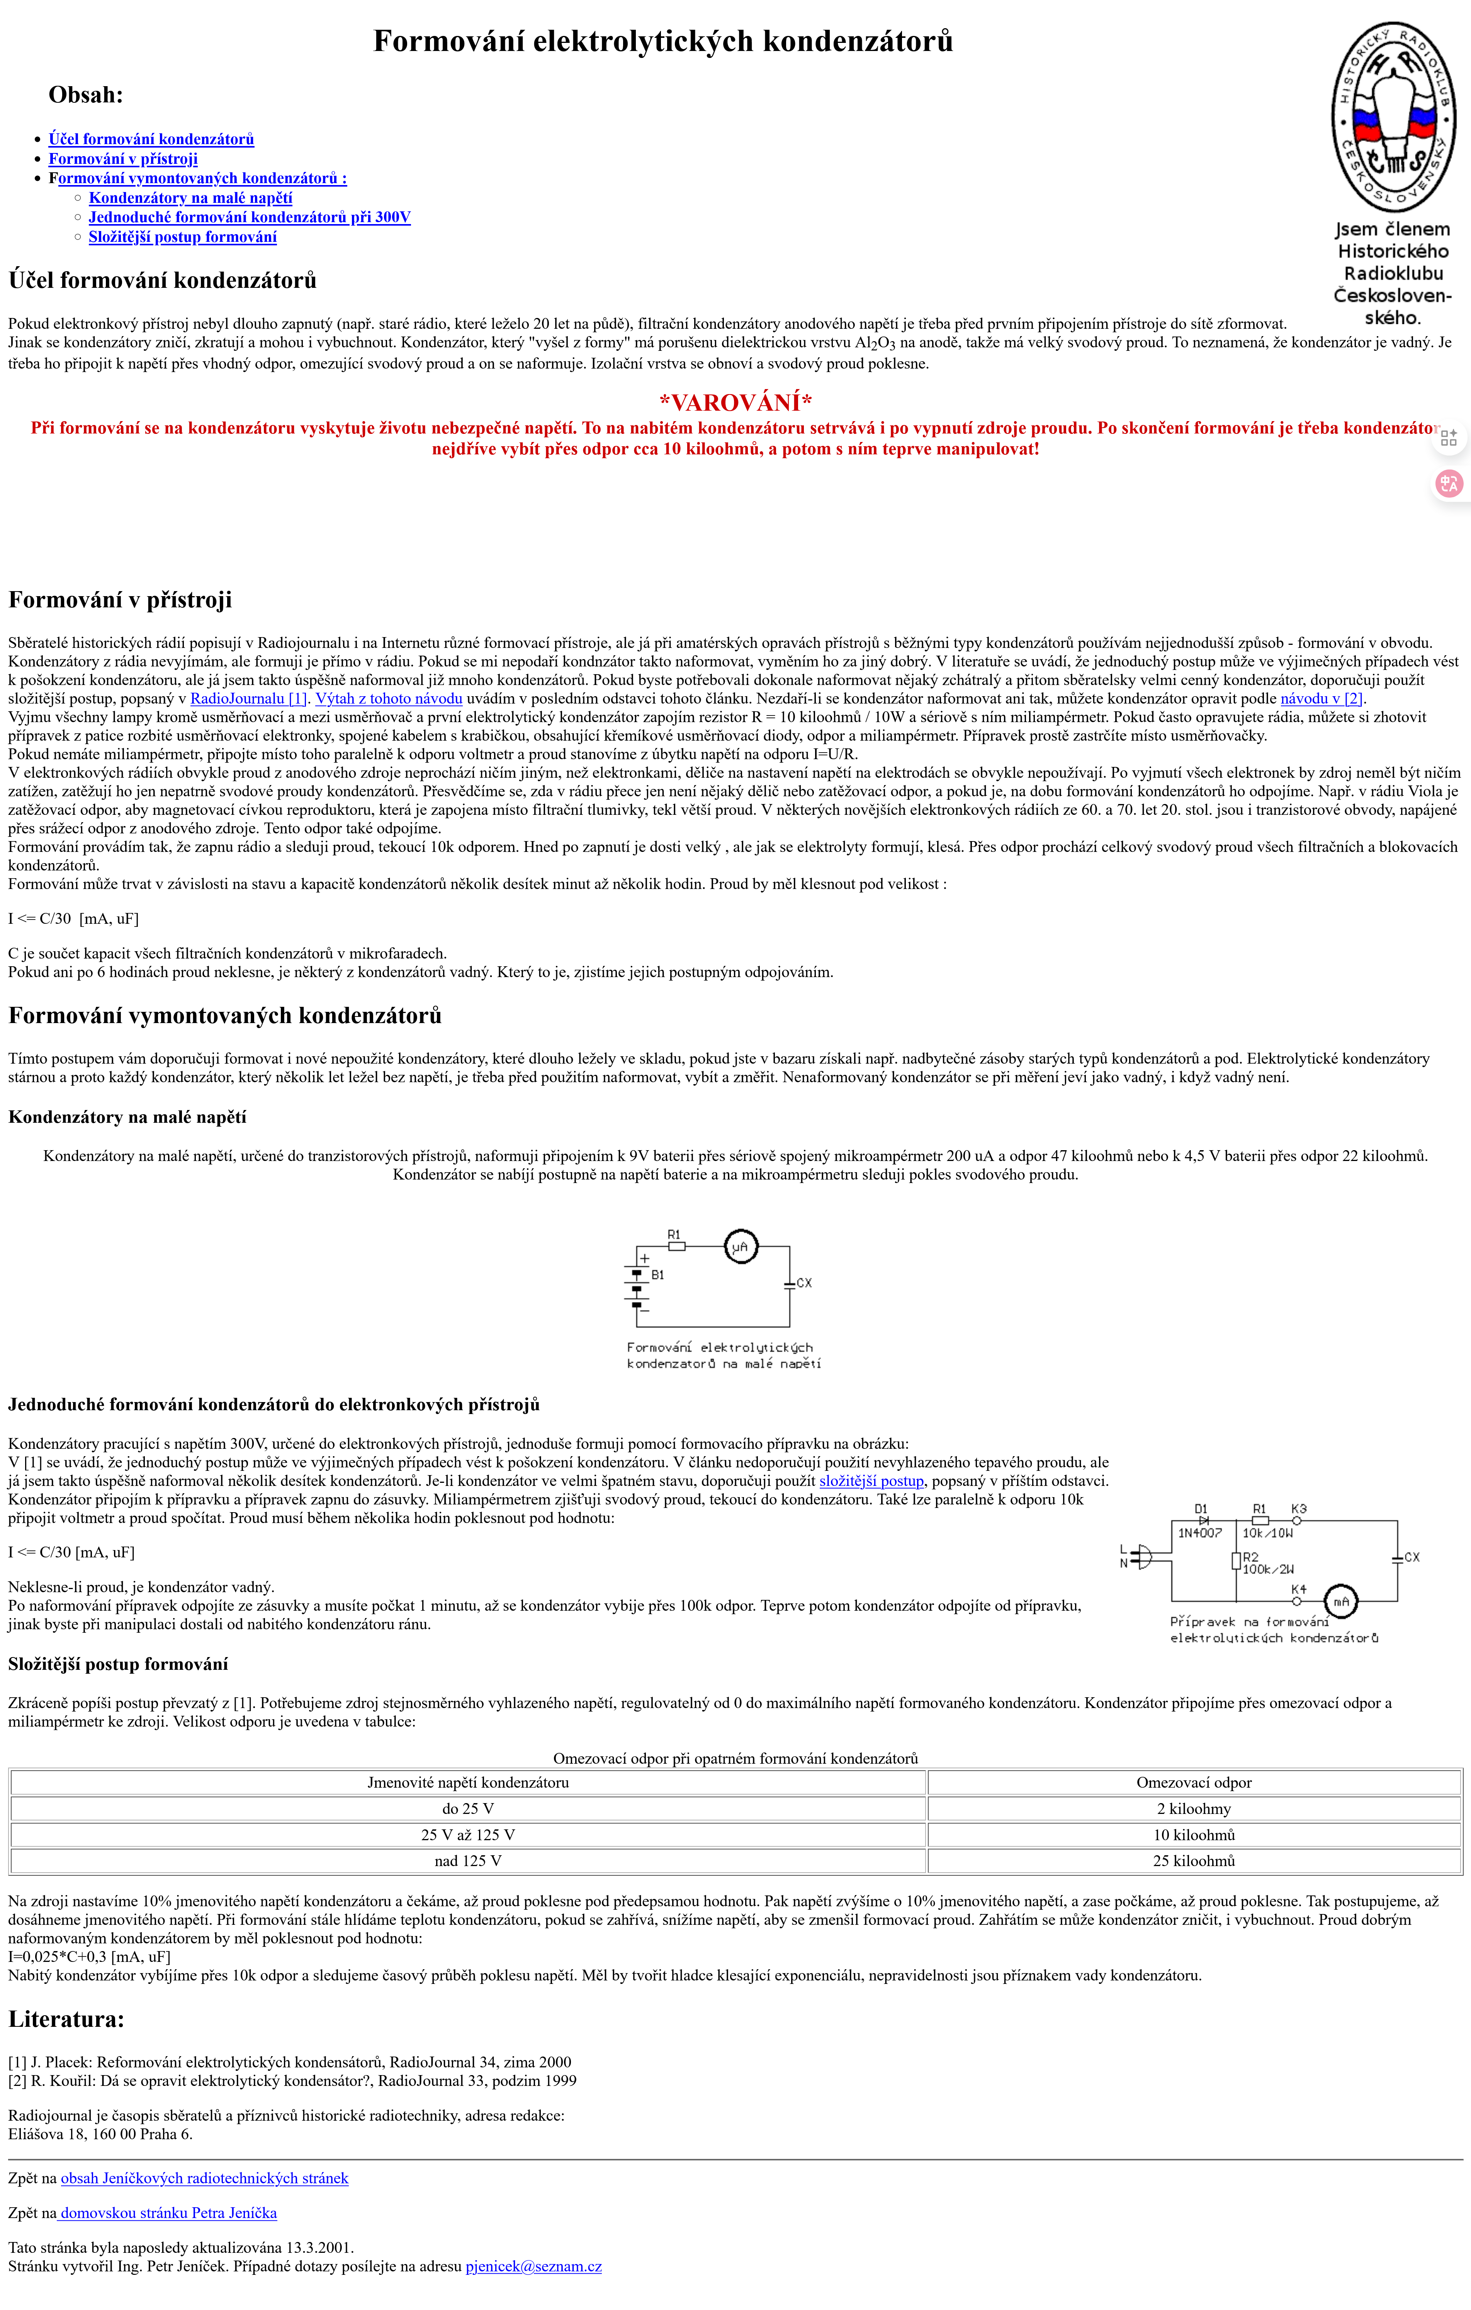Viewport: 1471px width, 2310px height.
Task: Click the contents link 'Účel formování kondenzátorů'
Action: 151,139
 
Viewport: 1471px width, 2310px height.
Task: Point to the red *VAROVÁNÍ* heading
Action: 735,402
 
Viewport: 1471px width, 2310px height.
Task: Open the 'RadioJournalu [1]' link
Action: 248,699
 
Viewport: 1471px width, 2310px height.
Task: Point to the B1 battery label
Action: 658,1275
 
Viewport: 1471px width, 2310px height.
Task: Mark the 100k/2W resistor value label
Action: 1268,1569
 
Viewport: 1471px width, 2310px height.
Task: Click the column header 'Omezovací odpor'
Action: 1194,1782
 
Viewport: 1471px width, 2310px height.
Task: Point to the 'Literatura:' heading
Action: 66,2019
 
